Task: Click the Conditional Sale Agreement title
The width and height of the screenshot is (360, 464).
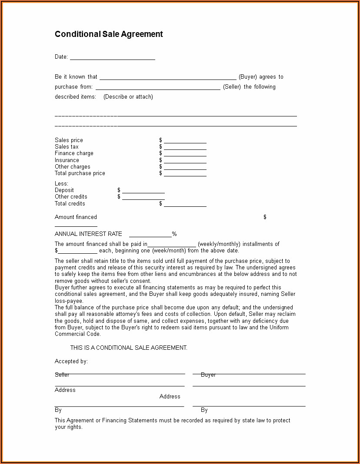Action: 109,34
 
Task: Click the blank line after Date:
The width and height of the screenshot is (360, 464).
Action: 112,57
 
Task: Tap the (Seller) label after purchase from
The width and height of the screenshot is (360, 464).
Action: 232,87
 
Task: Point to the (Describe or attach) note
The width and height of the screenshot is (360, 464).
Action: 128,97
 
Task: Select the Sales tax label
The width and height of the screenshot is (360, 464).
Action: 67,147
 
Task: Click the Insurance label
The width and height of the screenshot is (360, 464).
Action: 67,160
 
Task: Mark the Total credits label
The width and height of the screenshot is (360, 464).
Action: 70,204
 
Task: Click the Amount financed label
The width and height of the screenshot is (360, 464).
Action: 76,217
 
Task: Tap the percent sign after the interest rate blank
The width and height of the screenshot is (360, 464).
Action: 174,234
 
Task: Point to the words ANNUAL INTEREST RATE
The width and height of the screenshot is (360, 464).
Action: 88,234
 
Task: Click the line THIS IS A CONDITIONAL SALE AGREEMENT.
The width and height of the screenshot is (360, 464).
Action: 129,348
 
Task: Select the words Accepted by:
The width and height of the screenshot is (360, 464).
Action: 71,361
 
